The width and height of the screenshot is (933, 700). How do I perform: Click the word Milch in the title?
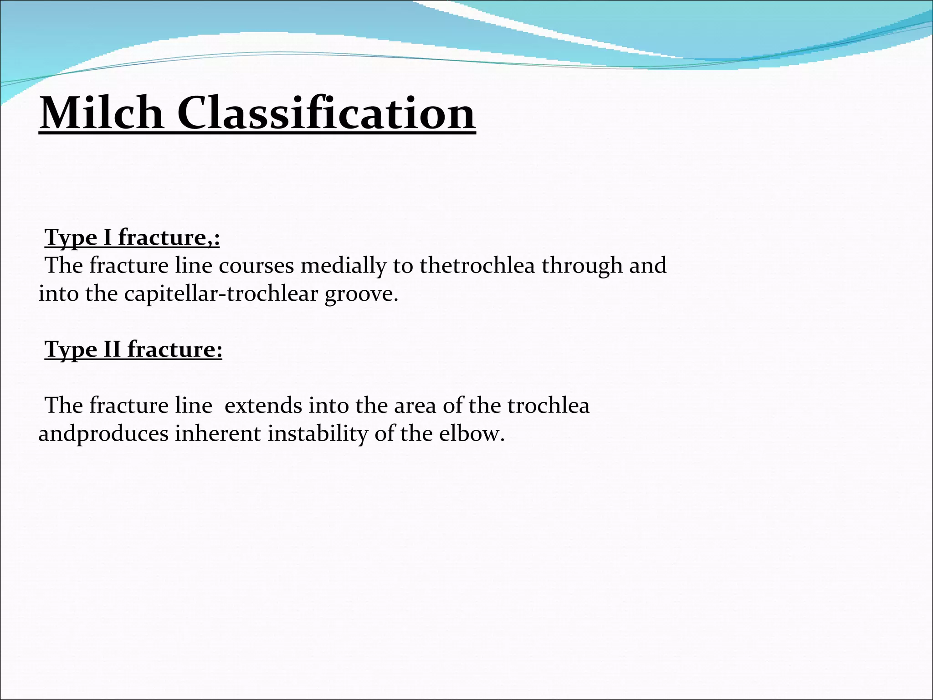pyautogui.click(x=101, y=113)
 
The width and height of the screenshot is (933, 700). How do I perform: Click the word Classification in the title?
pyautogui.click(x=326, y=113)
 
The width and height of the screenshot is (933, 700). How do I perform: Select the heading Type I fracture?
pyautogui.click(x=132, y=238)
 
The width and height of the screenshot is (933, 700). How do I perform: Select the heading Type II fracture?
pyautogui.click(x=133, y=350)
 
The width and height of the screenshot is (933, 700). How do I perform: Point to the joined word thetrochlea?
pyautogui.click(x=477, y=266)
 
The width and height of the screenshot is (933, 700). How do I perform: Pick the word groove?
pyautogui.click(x=361, y=294)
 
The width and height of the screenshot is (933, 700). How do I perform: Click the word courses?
pyautogui.click(x=256, y=266)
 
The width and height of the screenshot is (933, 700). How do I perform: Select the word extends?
pyautogui.click(x=263, y=406)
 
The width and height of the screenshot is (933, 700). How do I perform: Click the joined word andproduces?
pyautogui.click(x=103, y=433)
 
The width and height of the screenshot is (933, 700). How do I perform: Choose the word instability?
pyautogui.click(x=317, y=433)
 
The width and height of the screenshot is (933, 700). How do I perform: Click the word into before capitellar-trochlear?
pyautogui.click(x=58, y=294)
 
